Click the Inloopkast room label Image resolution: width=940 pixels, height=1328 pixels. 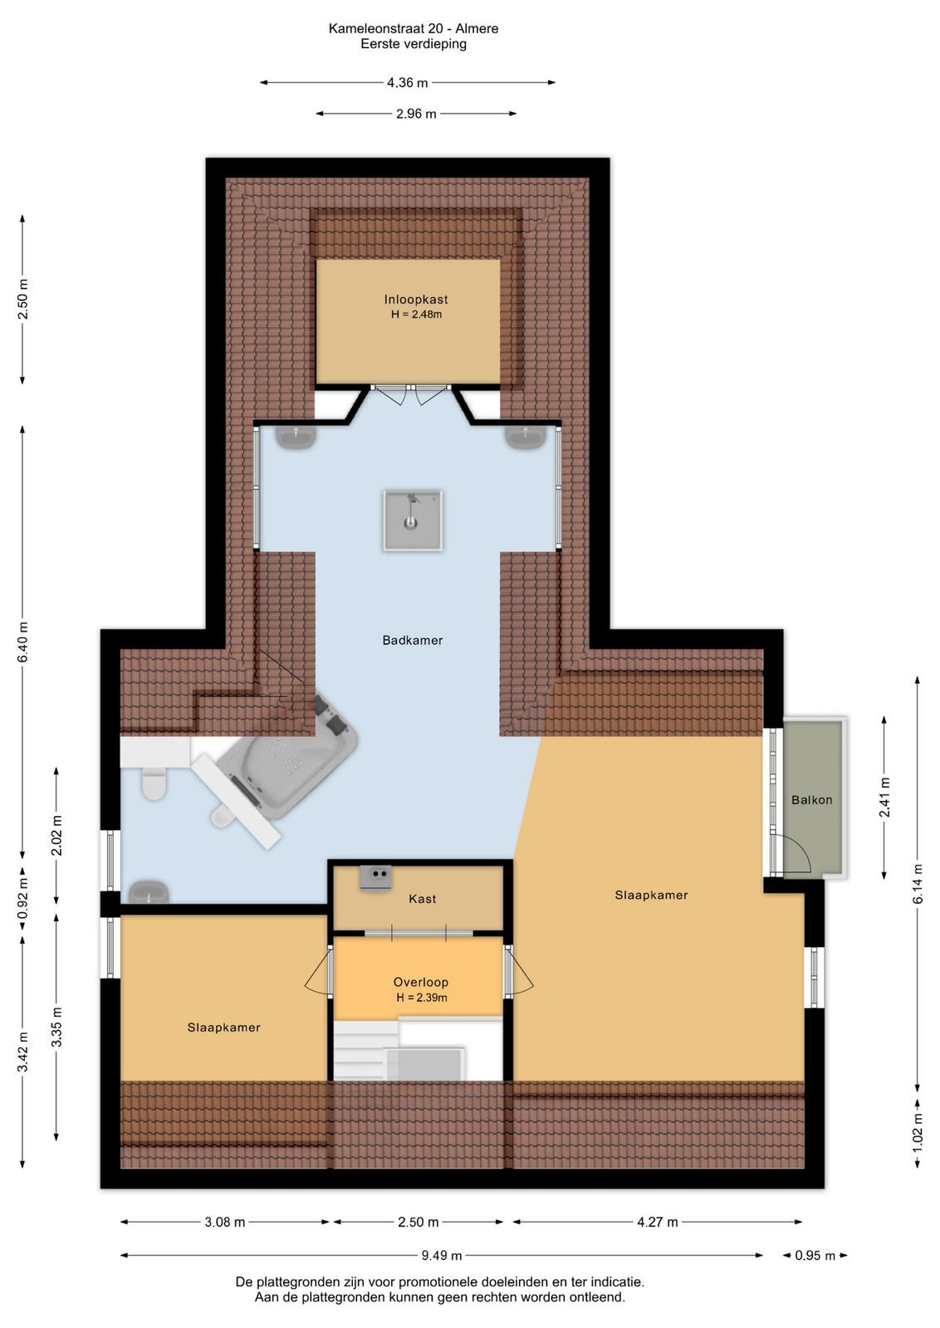pyautogui.click(x=416, y=300)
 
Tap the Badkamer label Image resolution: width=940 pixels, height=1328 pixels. pyautogui.click(x=412, y=640)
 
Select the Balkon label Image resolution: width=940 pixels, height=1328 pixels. pyautogui.click(x=811, y=800)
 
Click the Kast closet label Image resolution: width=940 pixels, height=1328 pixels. pyautogui.click(x=423, y=899)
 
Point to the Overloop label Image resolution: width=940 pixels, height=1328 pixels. pyautogui.click(x=420, y=982)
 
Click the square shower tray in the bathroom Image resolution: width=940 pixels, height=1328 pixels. pyautogui.click(x=413, y=520)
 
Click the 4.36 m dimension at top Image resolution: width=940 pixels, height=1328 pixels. pyautogui.click(x=408, y=83)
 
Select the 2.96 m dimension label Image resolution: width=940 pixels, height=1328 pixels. pyautogui.click(x=416, y=114)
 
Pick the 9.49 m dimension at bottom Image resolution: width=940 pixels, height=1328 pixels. pyautogui.click(x=441, y=1255)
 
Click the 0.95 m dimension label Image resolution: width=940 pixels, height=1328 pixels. pyautogui.click(x=815, y=1255)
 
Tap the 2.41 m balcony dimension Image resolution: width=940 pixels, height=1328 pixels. pyautogui.click(x=884, y=797)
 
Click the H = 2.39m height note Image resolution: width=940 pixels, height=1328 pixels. pyautogui.click(x=422, y=998)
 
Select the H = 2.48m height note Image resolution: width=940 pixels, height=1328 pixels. pyautogui.click(x=416, y=315)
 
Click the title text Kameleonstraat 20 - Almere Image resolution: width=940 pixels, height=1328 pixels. pyautogui.click(x=414, y=28)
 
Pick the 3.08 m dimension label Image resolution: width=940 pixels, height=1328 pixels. pyautogui.click(x=225, y=1222)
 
